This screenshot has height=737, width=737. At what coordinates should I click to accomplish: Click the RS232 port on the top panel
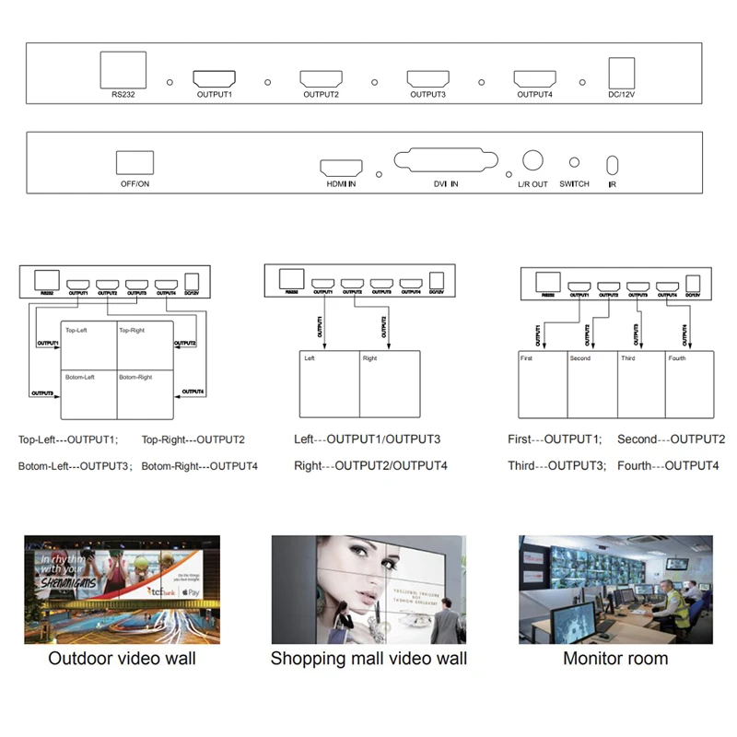[123, 69]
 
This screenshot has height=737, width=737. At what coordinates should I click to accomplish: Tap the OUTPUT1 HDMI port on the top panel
[215, 79]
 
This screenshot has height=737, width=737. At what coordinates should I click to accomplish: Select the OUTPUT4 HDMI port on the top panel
[535, 79]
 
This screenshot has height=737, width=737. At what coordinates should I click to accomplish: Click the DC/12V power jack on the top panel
[622, 73]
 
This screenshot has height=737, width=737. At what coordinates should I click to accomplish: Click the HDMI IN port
[340, 168]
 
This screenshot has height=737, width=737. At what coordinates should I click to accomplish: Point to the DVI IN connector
[446, 159]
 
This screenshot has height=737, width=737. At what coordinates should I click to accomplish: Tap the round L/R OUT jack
[532, 160]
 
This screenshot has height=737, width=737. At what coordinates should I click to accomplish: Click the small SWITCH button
[574, 162]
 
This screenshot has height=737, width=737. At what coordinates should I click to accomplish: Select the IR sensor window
[612, 166]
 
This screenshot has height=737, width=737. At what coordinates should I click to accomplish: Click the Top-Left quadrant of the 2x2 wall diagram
[88, 345]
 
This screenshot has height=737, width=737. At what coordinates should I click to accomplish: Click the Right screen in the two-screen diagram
[389, 384]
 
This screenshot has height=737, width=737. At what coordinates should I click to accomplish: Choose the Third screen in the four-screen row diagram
[640, 384]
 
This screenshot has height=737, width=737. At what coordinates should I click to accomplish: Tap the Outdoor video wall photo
[123, 590]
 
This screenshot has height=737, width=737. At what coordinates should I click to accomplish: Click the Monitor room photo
[614, 590]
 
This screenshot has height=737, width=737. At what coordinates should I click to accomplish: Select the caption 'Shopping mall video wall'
[368, 659]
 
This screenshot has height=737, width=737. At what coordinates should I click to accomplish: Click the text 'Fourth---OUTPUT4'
[668, 465]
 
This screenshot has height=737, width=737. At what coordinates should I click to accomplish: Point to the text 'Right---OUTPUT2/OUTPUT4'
[370, 465]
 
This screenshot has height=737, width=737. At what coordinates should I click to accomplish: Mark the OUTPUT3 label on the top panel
[428, 94]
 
